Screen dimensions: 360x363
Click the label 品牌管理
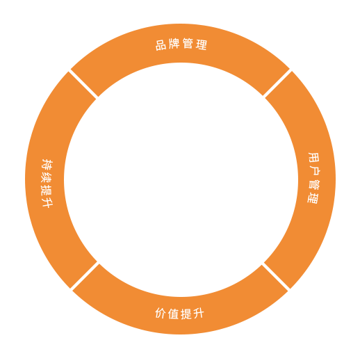pyautogui.click(x=181, y=44)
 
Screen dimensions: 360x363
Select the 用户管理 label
pyautogui.click(x=313, y=178)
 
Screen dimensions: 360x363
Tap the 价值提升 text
pyautogui.click(x=179, y=313)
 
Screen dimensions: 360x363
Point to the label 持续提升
pyautogui.click(x=47, y=183)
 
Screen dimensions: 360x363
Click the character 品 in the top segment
pyautogui.click(x=161, y=45)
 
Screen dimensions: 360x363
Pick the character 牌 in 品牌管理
pyautogui.click(x=174, y=43)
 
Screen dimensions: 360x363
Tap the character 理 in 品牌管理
pyautogui.click(x=202, y=45)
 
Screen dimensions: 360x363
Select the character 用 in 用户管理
pyautogui.click(x=314, y=158)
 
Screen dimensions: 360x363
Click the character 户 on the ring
pyautogui.click(x=315, y=171)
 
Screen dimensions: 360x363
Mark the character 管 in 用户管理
pyautogui.click(x=314, y=185)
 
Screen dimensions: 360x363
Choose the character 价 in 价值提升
pyautogui.click(x=161, y=313)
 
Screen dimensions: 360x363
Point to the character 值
pyautogui.click(x=173, y=314)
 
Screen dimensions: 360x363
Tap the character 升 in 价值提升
pyautogui.click(x=199, y=314)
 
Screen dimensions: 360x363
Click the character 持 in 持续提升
pyautogui.click(x=47, y=164)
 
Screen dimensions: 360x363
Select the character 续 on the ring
pyautogui.click(x=47, y=177)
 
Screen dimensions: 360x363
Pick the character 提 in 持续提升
pyautogui.click(x=47, y=190)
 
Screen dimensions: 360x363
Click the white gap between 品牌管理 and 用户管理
pyautogui.click(x=277, y=83)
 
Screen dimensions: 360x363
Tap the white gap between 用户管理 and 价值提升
pyautogui.click(x=276, y=277)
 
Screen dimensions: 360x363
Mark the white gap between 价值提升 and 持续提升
pyautogui.click(x=84, y=277)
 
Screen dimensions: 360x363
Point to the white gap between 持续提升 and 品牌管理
pyautogui.click(x=83, y=83)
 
